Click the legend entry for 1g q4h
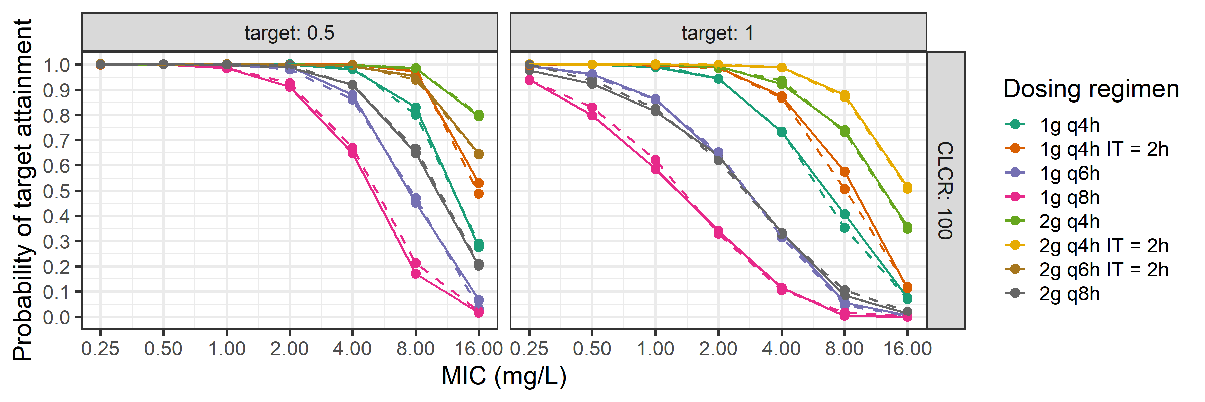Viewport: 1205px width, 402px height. [1069, 125]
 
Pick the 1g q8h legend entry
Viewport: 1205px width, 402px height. [1069, 198]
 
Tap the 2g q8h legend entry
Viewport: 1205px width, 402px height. [1069, 294]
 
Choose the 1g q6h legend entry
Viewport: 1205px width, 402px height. [1069, 174]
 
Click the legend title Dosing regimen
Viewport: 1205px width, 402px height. [1091, 89]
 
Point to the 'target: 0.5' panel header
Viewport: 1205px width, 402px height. [289, 33]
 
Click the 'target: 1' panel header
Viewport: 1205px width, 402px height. [718, 33]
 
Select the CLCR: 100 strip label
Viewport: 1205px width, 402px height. [945, 191]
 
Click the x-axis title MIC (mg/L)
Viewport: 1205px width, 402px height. [504, 376]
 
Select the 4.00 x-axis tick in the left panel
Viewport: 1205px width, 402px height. [352, 349]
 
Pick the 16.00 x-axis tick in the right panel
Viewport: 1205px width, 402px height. [907, 349]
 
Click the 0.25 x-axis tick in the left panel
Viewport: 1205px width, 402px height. [100, 349]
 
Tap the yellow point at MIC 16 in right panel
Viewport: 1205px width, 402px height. [907, 188]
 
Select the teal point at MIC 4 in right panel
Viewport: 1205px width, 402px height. [781, 132]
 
